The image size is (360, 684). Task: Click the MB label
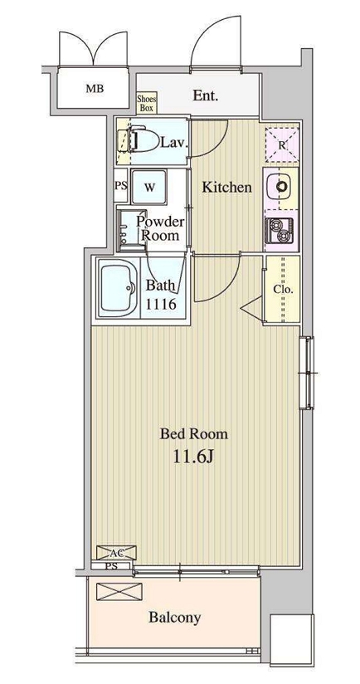tap(95, 89)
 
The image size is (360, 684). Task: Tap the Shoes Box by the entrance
tap(147, 104)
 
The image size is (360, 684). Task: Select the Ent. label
tap(205, 95)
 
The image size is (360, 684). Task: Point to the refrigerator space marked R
tap(282, 144)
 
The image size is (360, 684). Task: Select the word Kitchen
tap(227, 188)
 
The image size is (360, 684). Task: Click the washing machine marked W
tap(149, 187)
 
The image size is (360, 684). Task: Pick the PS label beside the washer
tap(121, 185)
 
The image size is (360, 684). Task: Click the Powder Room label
tap(160, 228)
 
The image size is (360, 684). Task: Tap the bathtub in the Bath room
tap(118, 287)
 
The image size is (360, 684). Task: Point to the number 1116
tap(160, 304)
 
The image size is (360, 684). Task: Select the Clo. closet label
tap(284, 289)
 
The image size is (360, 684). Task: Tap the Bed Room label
tap(193, 434)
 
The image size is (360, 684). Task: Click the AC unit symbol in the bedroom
tap(116, 552)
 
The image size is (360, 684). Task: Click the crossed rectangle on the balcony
tap(119, 592)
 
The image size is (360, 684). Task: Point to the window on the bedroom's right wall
tap(307, 373)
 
